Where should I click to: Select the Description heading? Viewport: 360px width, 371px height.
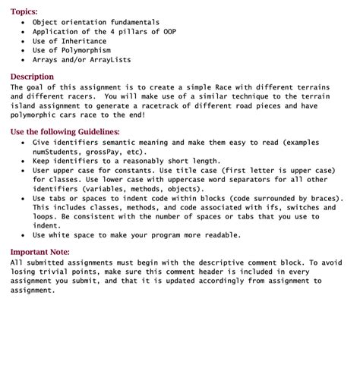32,77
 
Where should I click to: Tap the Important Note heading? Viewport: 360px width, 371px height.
39,252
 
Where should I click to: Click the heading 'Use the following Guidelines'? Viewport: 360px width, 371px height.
65,132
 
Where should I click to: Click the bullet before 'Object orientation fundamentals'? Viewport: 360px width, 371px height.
24,23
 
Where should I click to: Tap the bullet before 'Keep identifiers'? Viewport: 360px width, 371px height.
24,161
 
